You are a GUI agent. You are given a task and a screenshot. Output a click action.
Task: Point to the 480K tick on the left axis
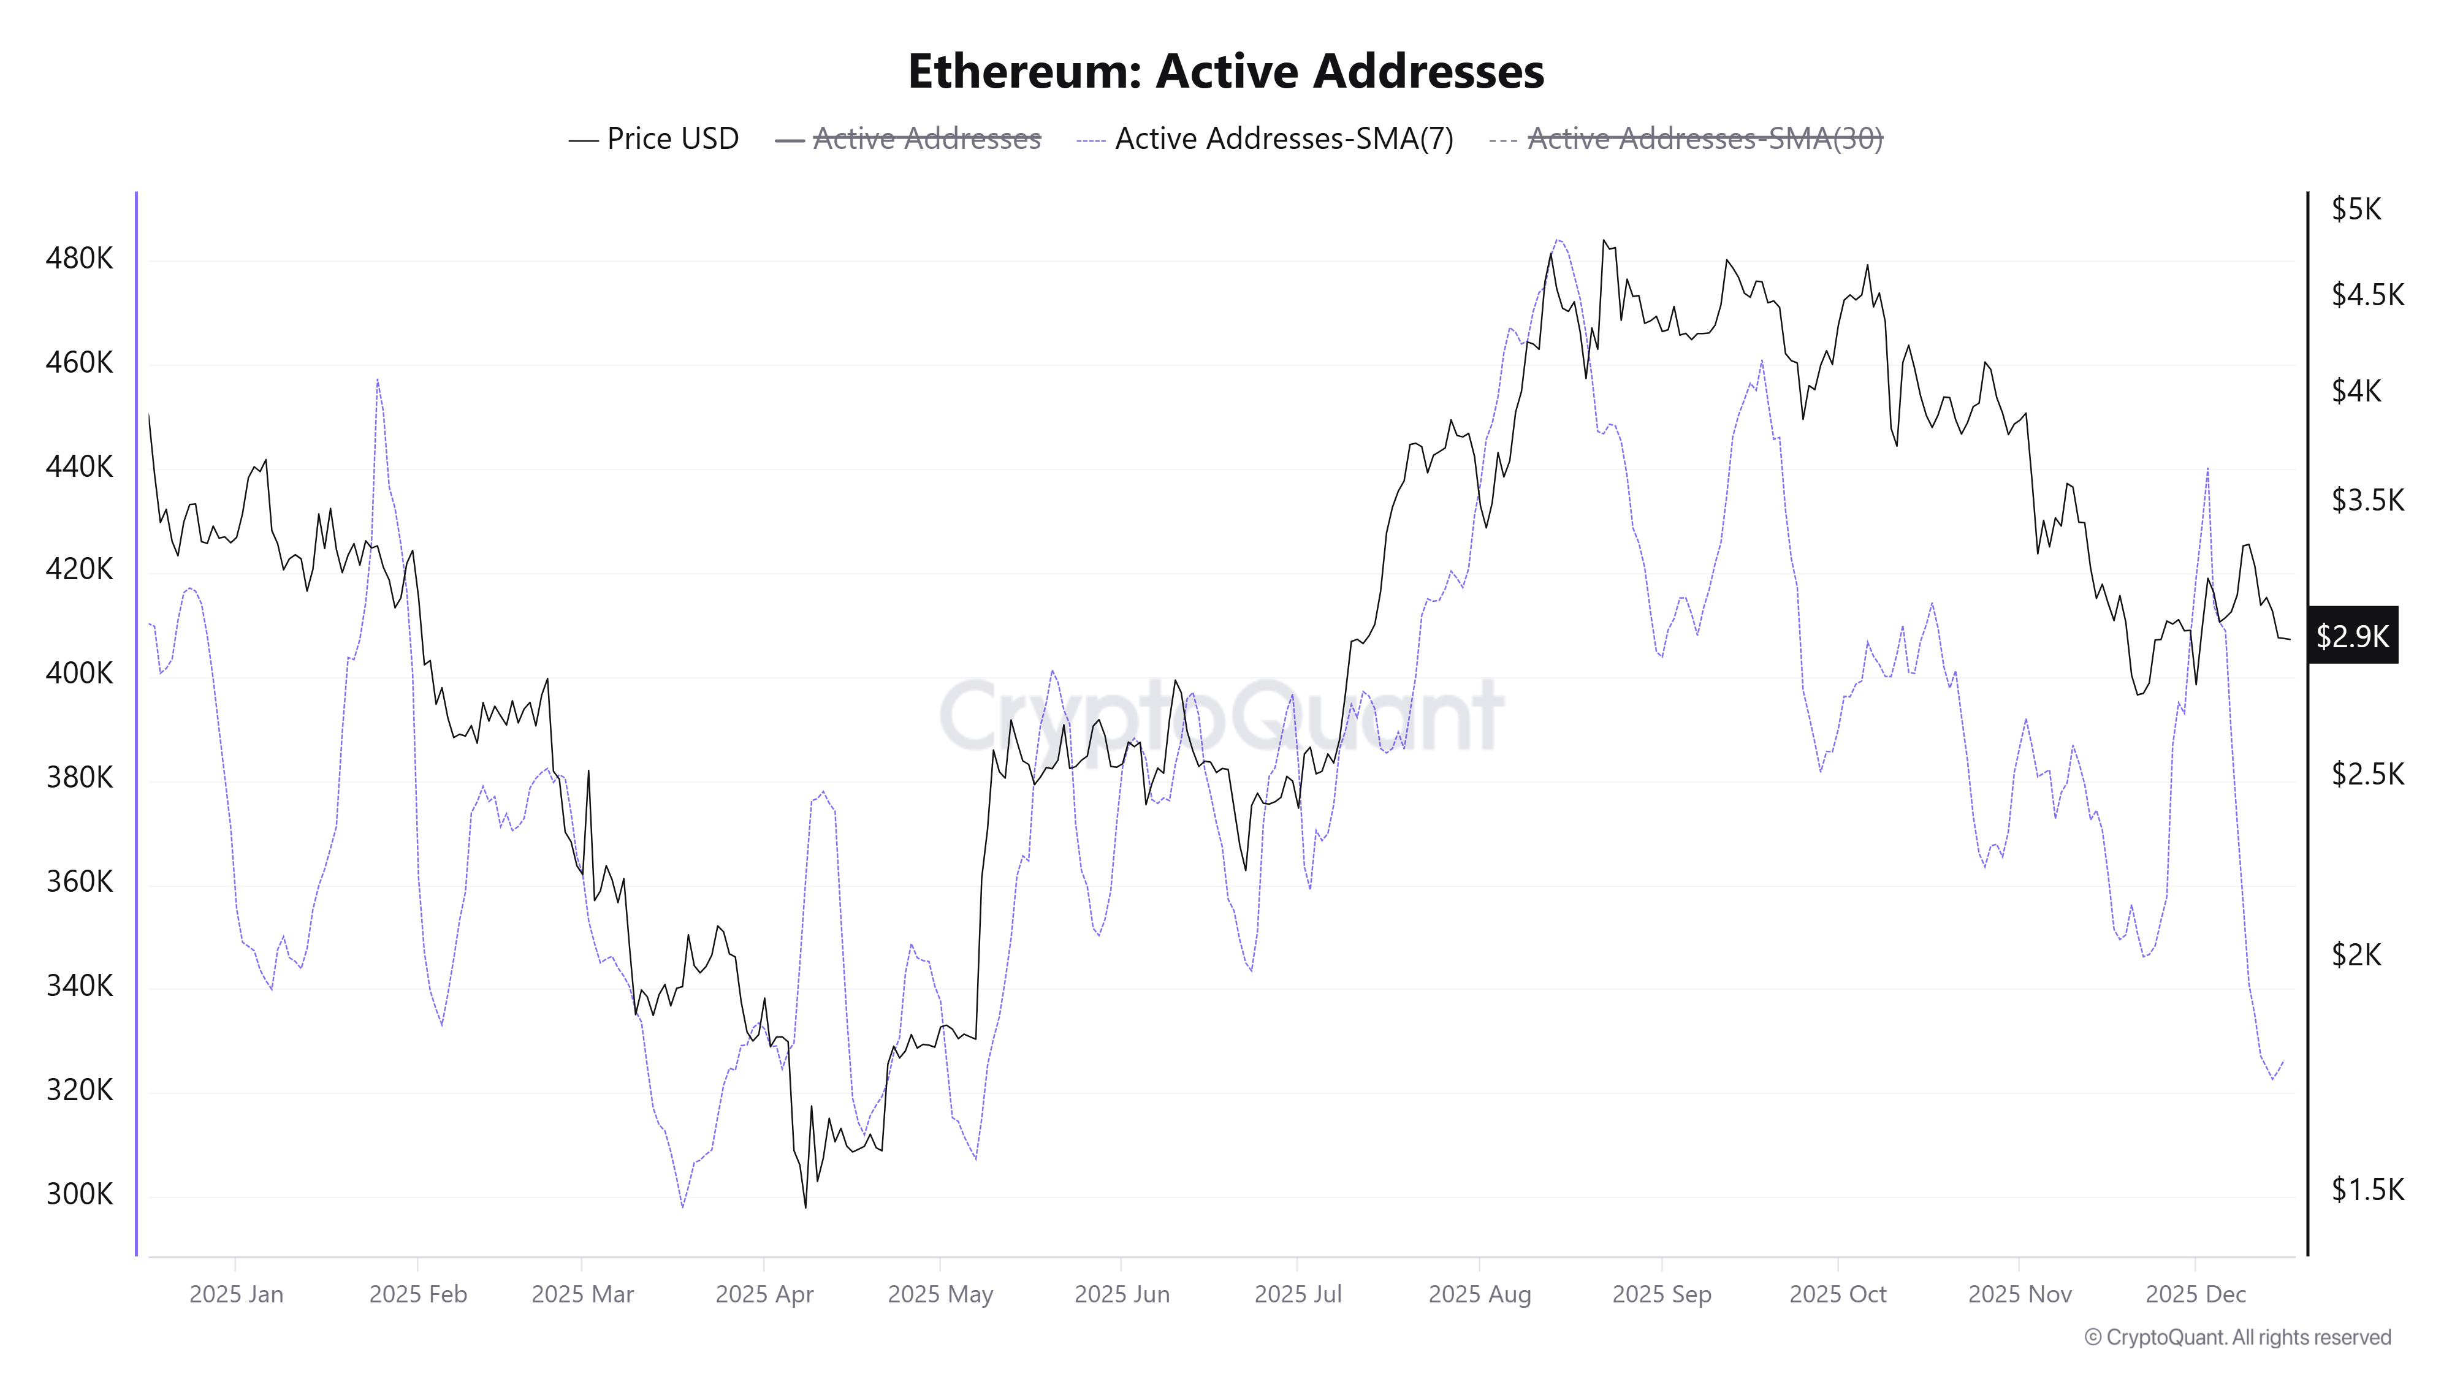pos(79,259)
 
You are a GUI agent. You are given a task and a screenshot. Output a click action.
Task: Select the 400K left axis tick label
pos(79,674)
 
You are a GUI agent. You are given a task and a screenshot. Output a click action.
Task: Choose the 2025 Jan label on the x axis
pos(236,1294)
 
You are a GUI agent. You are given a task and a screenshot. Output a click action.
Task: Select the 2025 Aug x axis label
pos(1479,1294)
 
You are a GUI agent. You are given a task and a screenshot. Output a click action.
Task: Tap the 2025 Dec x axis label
pos(2195,1294)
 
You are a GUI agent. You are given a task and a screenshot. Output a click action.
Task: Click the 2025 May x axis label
pos(940,1294)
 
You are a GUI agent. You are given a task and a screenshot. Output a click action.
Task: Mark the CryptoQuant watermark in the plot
pos(1221,716)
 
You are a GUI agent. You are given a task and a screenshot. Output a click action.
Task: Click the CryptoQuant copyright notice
pos(2237,1338)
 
